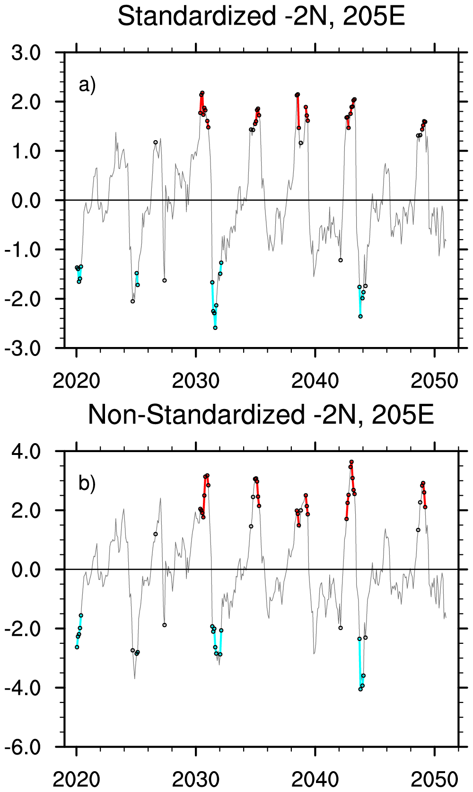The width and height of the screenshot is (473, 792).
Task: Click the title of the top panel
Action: (x=261, y=17)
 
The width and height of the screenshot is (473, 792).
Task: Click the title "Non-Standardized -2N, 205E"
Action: (x=261, y=415)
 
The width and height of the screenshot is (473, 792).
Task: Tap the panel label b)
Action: (x=87, y=484)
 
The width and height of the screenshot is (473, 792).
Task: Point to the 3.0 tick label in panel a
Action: (x=26, y=53)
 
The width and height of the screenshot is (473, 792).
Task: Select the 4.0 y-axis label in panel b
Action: (x=26, y=451)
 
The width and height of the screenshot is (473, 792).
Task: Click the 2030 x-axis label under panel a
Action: (x=195, y=381)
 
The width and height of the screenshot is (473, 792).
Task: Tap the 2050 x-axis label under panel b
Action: (x=434, y=779)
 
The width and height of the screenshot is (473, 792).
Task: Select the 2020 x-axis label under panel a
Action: (x=76, y=381)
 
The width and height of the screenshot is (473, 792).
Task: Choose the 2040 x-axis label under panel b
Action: (x=315, y=779)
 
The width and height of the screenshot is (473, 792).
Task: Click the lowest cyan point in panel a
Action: (x=215, y=328)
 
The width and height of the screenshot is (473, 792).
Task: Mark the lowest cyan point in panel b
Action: (x=360, y=689)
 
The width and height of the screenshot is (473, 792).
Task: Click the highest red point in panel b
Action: (x=351, y=462)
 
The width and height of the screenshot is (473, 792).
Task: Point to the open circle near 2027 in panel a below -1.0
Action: (x=165, y=280)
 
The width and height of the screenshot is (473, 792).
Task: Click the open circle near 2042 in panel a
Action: (x=341, y=260)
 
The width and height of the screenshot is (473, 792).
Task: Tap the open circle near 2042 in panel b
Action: (x=341, y=628)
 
